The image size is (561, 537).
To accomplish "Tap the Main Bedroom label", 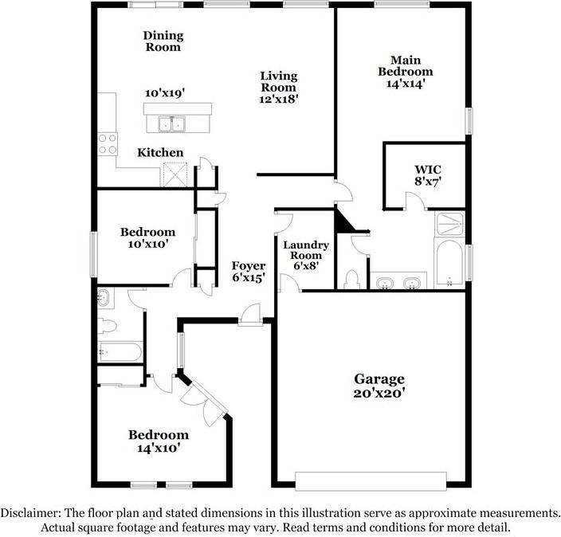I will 405,71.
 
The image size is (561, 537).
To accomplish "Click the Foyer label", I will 248,272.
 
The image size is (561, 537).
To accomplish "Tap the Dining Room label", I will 163,41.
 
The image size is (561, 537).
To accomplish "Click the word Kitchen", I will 160,153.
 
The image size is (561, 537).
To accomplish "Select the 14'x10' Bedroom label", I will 159,441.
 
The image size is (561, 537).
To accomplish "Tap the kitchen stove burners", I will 106,144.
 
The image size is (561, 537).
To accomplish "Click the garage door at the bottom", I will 371,481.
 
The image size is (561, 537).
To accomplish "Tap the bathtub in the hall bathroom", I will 120,351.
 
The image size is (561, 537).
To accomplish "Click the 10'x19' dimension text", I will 164,93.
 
